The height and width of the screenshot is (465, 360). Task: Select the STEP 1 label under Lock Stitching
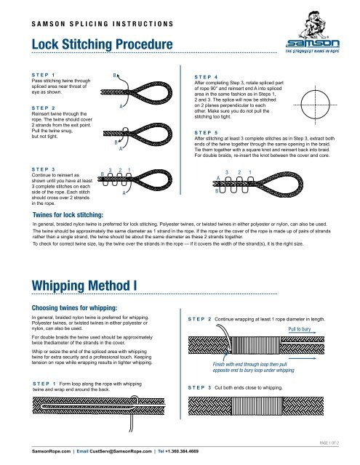coord(39,74)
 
